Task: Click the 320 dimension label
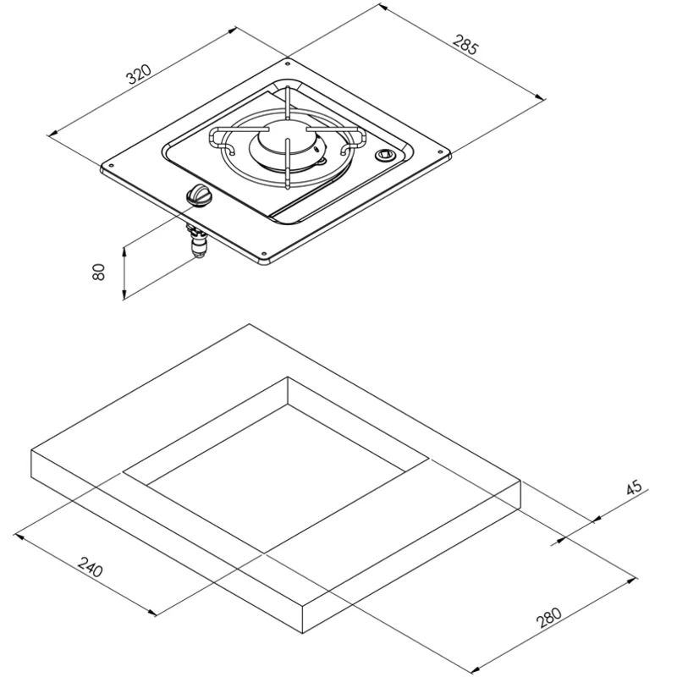(x=139, y=74)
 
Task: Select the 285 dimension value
(x=466, y=44)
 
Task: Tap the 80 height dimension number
(x=99, y=272)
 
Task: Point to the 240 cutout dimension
(x=91, y=566)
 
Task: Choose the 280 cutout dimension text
(x=548, y=618)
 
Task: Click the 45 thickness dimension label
(x=634, y=487)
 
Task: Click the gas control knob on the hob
(x=199, y=195)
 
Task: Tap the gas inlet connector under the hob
(x=198, y=242)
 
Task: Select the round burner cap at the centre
(x=287, y=141)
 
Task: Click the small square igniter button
(x=384, y=155)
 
